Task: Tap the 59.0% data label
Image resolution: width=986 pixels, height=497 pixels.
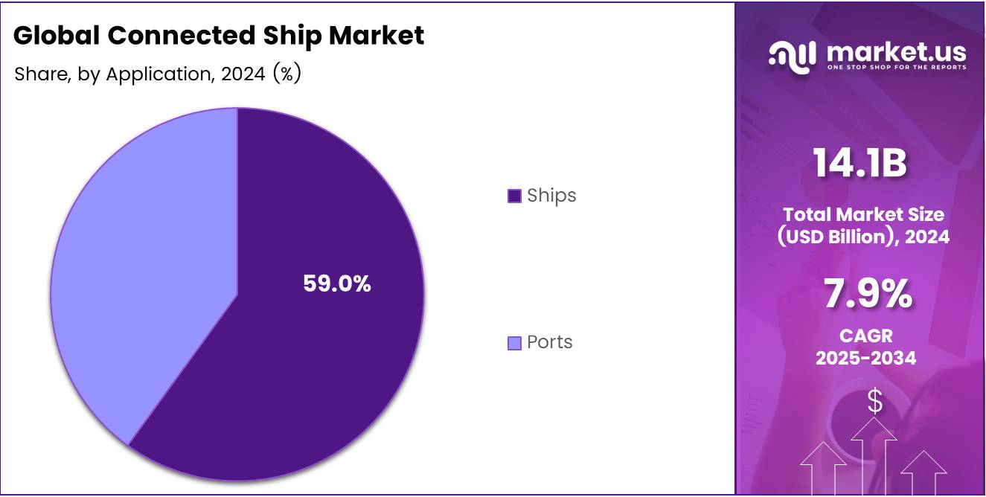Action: point(336,283)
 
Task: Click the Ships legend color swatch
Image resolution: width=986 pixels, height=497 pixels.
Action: point(514,196)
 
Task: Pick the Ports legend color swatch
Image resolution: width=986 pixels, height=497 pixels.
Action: point(514,343)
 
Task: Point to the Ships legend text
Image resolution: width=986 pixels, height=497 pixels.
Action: point(551,196)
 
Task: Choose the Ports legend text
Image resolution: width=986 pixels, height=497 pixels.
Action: point(550,342)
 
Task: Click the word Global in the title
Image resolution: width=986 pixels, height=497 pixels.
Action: point(56,35)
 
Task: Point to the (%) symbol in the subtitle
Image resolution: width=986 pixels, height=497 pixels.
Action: point(286,74)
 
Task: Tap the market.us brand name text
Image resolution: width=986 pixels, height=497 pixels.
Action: point(896,51)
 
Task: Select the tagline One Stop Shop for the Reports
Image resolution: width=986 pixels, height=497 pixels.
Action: point(896,68)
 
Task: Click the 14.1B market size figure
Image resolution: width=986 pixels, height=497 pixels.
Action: point(859,163)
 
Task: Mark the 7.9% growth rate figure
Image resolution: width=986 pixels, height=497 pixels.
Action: point(867,294)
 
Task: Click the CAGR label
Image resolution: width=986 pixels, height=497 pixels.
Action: point(865,336)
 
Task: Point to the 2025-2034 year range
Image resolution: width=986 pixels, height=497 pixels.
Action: point(865,358)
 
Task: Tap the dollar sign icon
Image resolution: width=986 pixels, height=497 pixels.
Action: point(875,402)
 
